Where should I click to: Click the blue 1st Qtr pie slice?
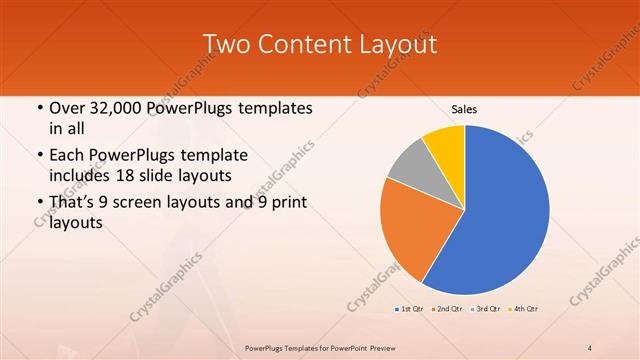[x=500, y=210]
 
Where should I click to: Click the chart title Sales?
[x=463, y=107]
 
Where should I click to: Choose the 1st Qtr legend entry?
[x=411, y=309]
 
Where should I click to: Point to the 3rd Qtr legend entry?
[x=487, y=309]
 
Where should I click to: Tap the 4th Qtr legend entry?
[x=525, y=309]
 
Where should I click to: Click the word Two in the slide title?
[x=226, y=44]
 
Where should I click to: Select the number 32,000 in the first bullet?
[x=123, y=107]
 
